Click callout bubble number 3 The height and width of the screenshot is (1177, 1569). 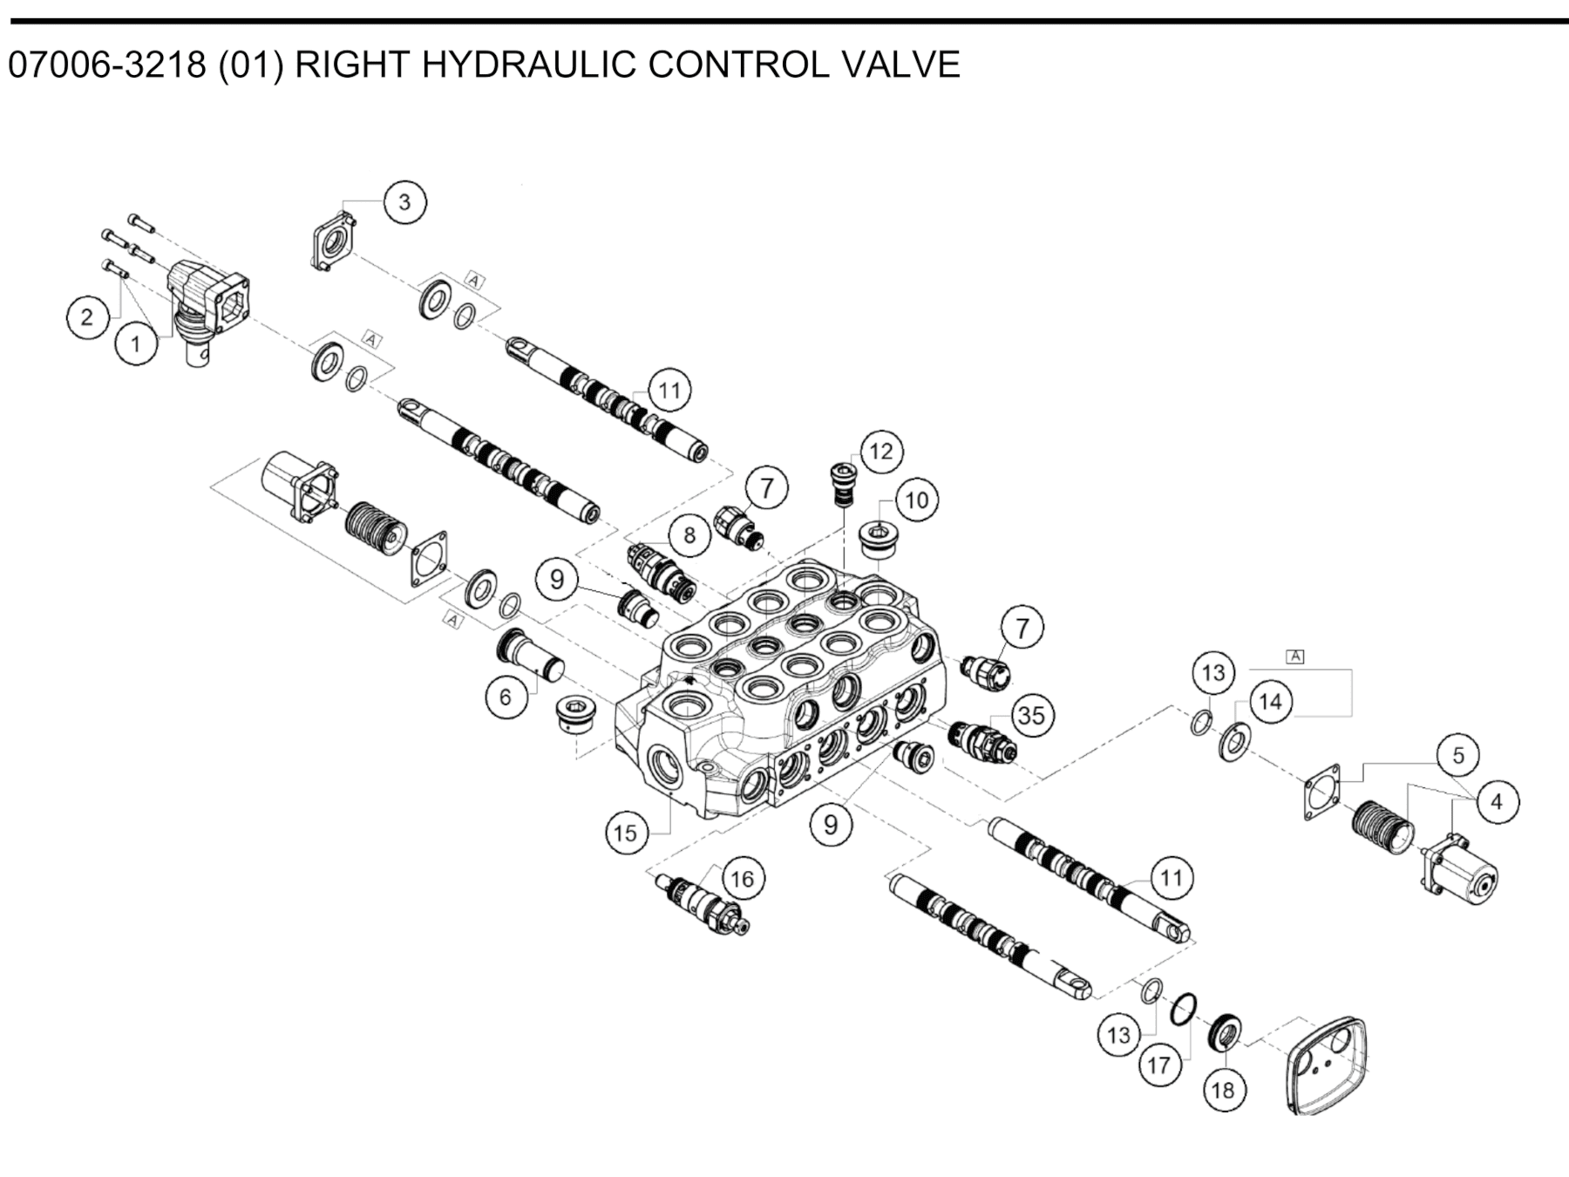[x=404, y=202]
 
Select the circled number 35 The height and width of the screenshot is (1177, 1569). [x=1031, y=716]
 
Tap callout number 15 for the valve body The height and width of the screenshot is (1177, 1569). [x=626, y=833]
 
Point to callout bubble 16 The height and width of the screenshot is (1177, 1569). [x=742, y=878]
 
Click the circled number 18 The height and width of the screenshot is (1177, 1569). [x=1223, y=1090]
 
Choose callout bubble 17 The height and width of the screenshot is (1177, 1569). [x=1158, y=1065]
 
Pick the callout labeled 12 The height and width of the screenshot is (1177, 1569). [x=881, y=451]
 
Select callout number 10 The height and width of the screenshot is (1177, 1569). [x=917, y=500]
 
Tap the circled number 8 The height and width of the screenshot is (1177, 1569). [x=689, y=534]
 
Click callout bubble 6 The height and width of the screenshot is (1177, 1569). [x=506, y=697]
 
